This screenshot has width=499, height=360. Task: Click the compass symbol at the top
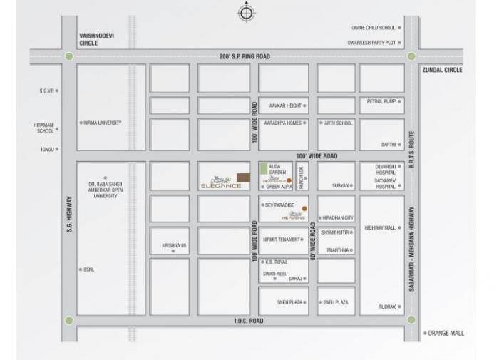click(x=246, y=12)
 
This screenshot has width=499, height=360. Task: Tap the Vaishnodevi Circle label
click(x=97, y=39)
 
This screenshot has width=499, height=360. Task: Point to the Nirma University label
click(x=103, y=123)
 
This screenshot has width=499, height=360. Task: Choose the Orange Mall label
click(x=446, y=333)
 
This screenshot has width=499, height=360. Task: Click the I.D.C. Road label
click(x=249, y=321)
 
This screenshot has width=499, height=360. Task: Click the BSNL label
click(x=89, y=269)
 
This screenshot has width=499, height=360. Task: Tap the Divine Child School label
click(x=373, y=28)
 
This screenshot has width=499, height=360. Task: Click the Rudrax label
click(x=387, y=307)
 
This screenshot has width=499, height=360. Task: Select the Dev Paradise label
click(x=279, y=205)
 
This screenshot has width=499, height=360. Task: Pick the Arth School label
click(x=339, y=123)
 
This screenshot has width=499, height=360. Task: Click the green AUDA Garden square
click(x=264, y=168)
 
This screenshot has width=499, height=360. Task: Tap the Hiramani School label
click(x=44, y=128)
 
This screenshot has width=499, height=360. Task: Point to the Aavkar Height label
click(x=284, y=105)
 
